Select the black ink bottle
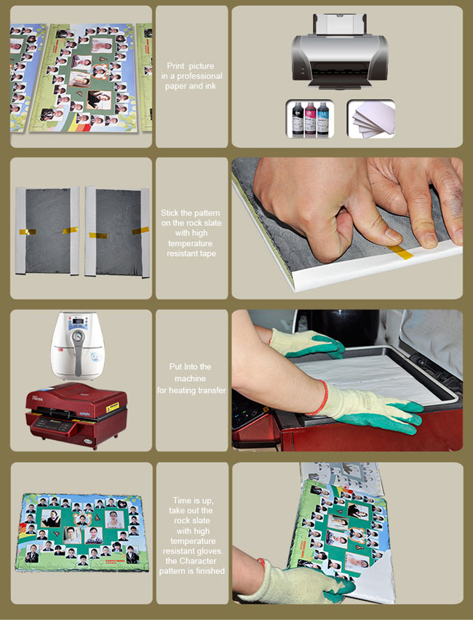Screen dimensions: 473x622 pyautogui.click(x=298, y=119)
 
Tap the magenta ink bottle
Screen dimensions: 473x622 pyautogui.click(x=311, y=119)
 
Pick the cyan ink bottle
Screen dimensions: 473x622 pyautogui.click(x=323, y=119)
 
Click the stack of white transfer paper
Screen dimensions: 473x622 pyautogui.click(x=373, y=119)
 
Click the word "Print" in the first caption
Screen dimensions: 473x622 pyautogui.click(x=175, y=66)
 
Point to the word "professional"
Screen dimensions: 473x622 pyautogui.click(x=199, y=76)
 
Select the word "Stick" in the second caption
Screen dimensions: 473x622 pyautogui.click(x=170, y=213)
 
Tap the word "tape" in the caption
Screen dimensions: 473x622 pyautogui.click(x=207, y=254)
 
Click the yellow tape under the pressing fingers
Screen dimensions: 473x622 pyautogui.click(x=400, y=251)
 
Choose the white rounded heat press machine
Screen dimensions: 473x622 pyautogui.click(x=77, y=346)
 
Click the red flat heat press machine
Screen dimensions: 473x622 pyautogui.click(x=76, y=414)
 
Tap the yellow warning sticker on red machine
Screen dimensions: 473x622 pyautogui.click(x=112, y=407)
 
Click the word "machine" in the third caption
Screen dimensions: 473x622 pyautogui.click(x=190, y=379)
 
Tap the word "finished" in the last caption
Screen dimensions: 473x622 pyautogui.click(x=210, y=571)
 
